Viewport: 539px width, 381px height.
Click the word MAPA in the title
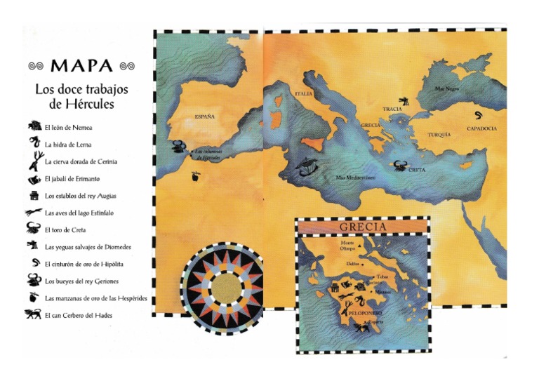(81, 66)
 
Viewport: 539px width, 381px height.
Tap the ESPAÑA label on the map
(204, 116)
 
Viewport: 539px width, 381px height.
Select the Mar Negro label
(446, 89)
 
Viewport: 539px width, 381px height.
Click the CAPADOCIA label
(481, 129)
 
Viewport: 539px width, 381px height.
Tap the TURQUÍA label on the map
(439, 134)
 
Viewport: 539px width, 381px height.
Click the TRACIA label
(392, 109)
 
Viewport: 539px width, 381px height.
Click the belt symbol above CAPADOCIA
(479, 115)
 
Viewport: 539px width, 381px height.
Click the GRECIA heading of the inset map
(362, 227)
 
